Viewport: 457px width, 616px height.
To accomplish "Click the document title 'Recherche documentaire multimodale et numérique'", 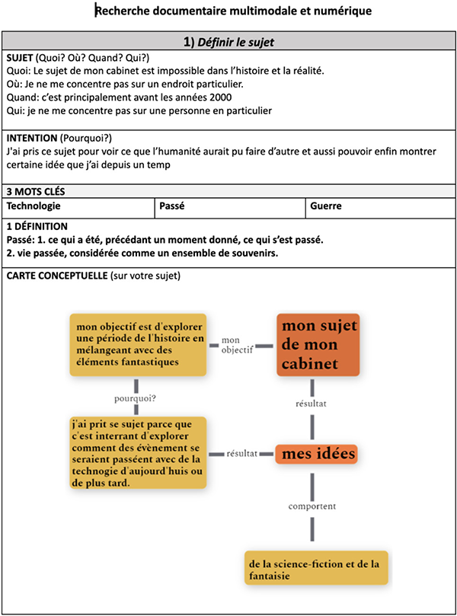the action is tap(233, 11).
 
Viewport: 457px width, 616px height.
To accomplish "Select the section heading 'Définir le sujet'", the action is tap(235, 42).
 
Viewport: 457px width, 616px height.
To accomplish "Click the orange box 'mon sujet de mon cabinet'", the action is tap(318, 344).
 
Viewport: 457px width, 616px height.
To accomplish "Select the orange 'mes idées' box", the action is tap(316, 454).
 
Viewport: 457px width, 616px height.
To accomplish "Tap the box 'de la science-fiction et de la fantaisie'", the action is tap(316, 568).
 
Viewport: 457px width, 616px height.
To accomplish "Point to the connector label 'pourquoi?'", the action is tap(135, 398).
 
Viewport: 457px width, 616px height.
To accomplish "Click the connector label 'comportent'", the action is tap(312, 506).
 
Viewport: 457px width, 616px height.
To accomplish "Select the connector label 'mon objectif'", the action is tap(237, 345).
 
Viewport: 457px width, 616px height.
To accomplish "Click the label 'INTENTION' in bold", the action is tap(32, 138).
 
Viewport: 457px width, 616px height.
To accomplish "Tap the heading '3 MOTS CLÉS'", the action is tap(36, 191).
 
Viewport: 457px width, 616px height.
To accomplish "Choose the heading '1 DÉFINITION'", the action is tap(37, 226).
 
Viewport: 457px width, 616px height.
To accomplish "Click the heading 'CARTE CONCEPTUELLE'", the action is tap(57, 276).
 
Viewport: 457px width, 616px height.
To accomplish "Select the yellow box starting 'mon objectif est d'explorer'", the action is tap(138, 344).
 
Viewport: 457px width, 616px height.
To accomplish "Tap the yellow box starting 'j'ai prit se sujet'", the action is tap(138, 452).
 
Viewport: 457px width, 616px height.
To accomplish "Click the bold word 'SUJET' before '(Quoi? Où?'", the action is tap(20, 58).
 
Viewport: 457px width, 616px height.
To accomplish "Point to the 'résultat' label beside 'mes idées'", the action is tap(241, 454).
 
